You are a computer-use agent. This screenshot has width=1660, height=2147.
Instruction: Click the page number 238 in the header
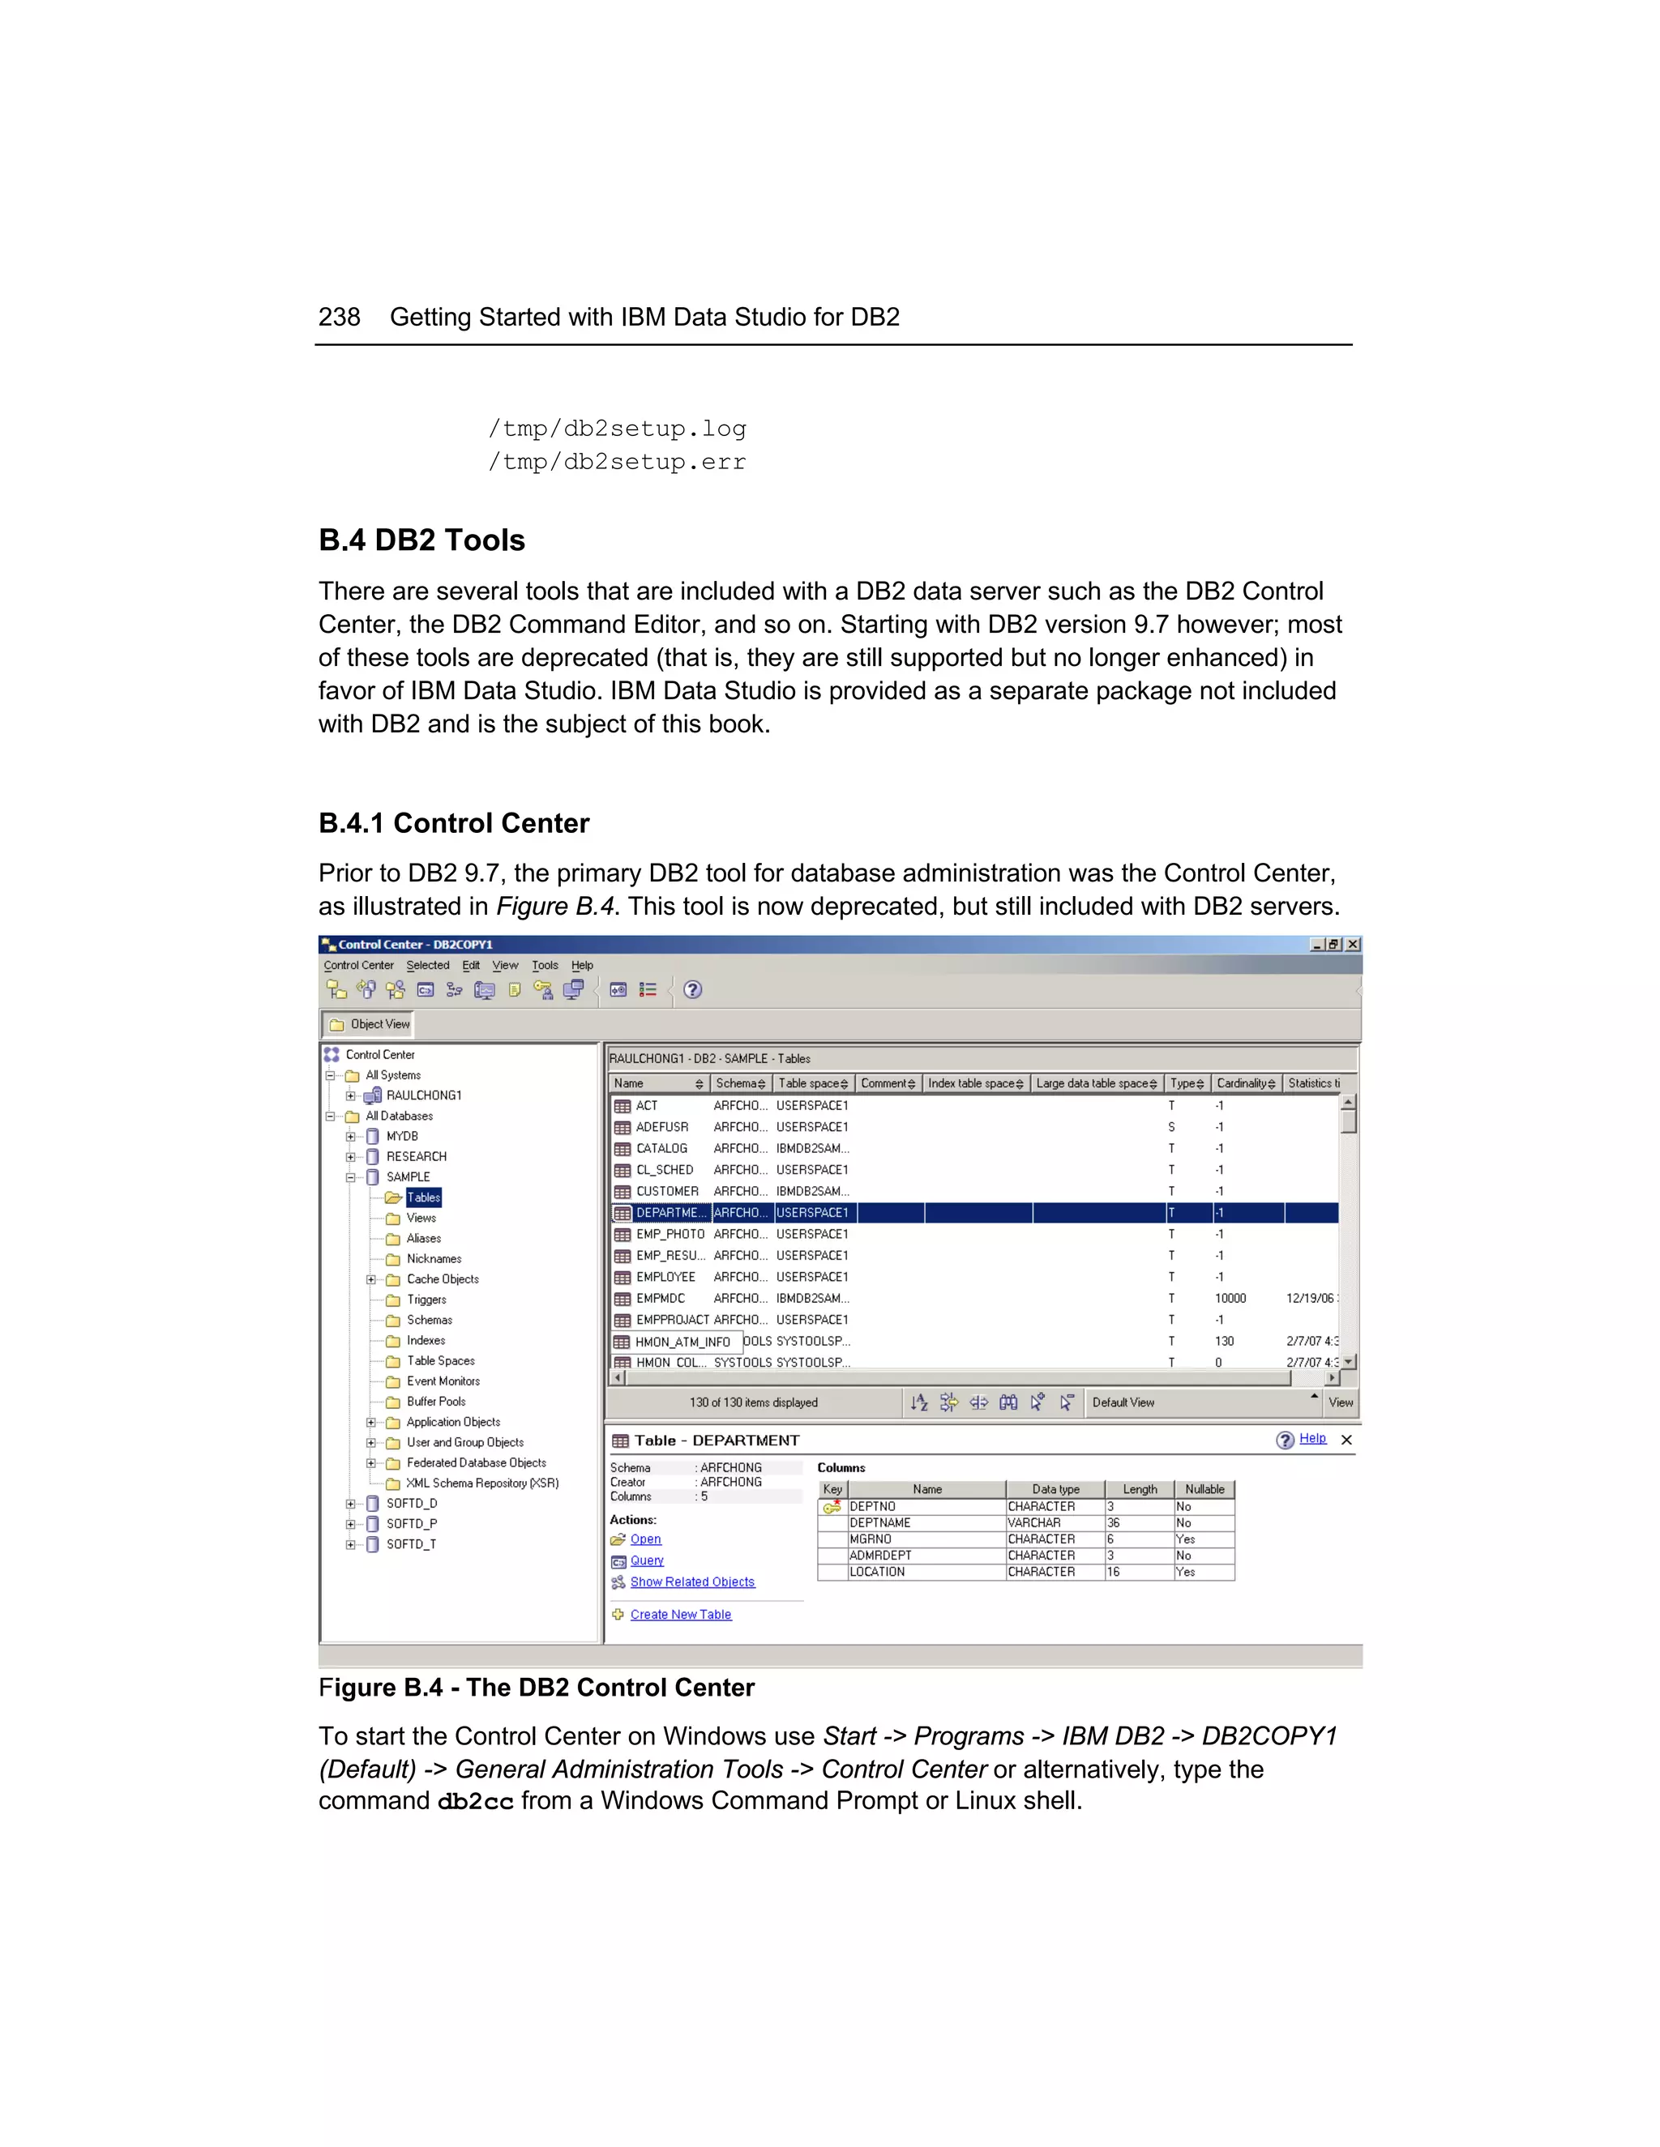[x=340, y=317]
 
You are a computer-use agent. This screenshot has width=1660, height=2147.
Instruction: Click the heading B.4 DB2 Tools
[x=421, y=540]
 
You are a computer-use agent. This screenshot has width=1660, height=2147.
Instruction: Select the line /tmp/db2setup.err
[x=617, y=461]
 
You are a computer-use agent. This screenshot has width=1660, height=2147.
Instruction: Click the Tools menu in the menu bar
[x=545, y=966]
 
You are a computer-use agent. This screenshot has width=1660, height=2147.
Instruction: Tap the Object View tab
[x=370, y=1024]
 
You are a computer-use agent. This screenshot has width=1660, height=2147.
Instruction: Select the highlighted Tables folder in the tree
[x=424, y=1197]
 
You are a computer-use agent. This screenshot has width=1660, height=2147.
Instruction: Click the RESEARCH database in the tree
[x=416, y=1156]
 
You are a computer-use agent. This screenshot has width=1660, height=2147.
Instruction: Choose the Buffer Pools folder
[x=435, y=1402]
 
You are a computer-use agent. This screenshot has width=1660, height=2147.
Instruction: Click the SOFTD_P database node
[x=411, y=1524]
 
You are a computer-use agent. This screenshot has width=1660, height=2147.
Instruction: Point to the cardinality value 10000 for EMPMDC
[x=1230, y=1299]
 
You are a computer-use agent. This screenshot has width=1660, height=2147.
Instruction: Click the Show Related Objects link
[x=692, y=1581]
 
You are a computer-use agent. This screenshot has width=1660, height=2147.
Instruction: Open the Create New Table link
[x=681, y=1614]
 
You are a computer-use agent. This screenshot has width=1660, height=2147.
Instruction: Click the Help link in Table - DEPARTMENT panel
[x=1312, y=1438]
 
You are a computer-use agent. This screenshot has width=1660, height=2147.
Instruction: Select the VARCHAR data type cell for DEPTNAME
[x=1034, y=1523]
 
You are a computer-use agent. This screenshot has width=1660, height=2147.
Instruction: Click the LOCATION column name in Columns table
[x=877, y=1572]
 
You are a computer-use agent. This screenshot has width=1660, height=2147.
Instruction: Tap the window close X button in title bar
[x=1353, y=944]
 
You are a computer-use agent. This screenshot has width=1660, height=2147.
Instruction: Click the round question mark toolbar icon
[x=692, y=990]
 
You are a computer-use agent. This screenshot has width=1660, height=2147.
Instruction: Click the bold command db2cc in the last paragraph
[x=475, y=1802]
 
